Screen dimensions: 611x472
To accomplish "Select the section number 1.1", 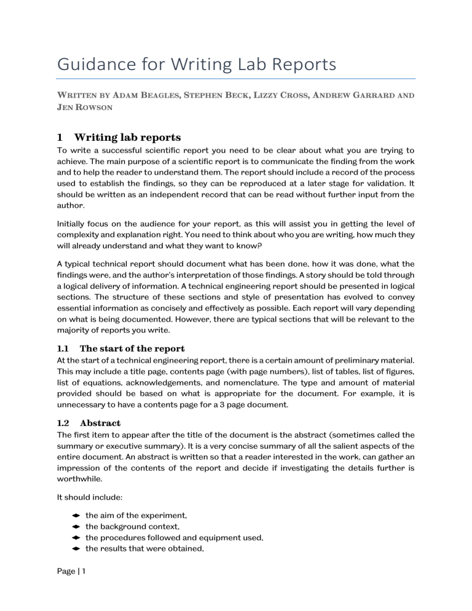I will coord(63,349).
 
